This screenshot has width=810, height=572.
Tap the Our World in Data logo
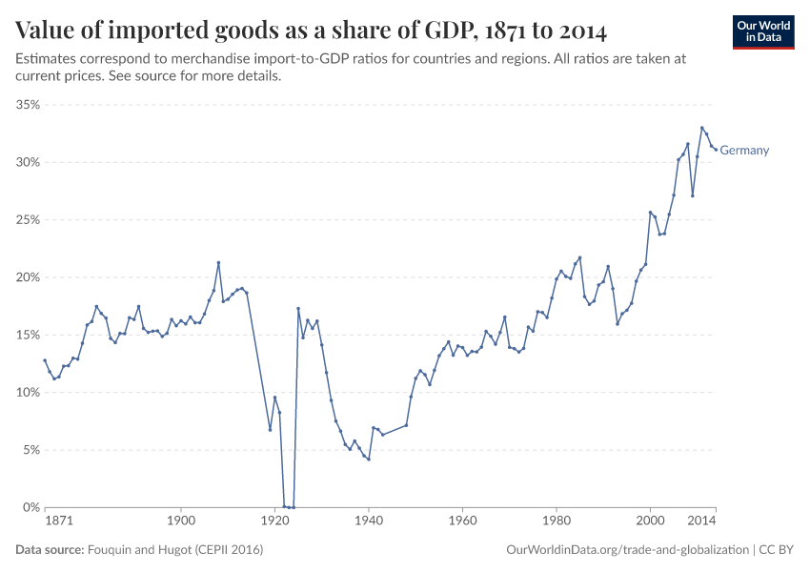click(763, 31)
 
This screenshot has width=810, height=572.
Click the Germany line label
click(744, 151)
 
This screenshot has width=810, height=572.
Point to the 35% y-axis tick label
click(27, 105)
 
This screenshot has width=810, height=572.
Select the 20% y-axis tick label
click(27, 277)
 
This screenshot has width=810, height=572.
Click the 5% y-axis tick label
click(30, 450)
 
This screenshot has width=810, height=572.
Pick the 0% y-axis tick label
click(30, 507)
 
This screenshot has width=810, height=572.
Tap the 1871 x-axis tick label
click(58, 522)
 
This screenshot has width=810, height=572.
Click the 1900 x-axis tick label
click(181, 522)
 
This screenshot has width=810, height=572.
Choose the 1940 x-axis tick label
click(369, 522)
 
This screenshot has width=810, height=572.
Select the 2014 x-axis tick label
click(701, 522)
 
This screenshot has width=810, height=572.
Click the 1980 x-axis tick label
click(557, 522)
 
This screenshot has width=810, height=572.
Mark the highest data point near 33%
click(702, 128)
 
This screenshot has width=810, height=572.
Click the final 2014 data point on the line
click(716, 150)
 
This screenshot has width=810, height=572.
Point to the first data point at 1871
click(45, 360)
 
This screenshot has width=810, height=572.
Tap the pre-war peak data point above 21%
click(218, 263)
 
